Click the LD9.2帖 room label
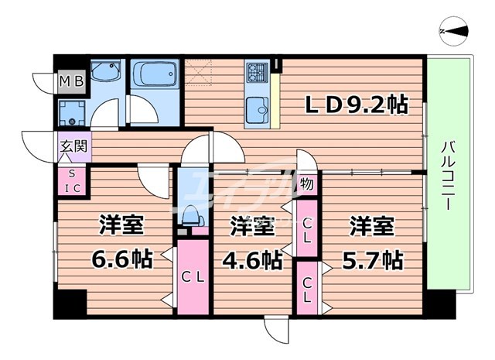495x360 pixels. pos(350,104)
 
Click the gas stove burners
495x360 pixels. pos(257,74)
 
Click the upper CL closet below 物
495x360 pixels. pos(306,228)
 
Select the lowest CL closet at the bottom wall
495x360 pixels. pos(306,288)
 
